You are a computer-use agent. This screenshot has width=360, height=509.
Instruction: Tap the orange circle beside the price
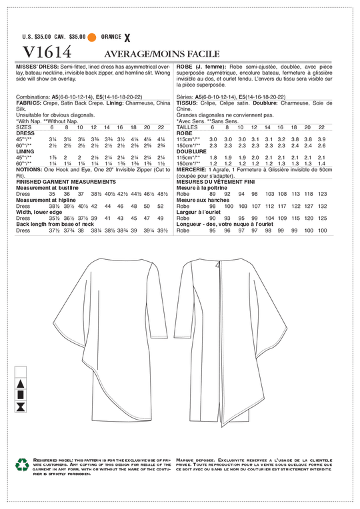(x=92, y=37)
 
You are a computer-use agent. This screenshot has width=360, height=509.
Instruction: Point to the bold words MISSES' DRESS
(x=33, y=69)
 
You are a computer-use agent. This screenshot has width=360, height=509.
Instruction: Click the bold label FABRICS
(x=26, y=103)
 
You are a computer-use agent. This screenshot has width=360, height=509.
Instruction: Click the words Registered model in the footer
(x=63, y=460)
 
